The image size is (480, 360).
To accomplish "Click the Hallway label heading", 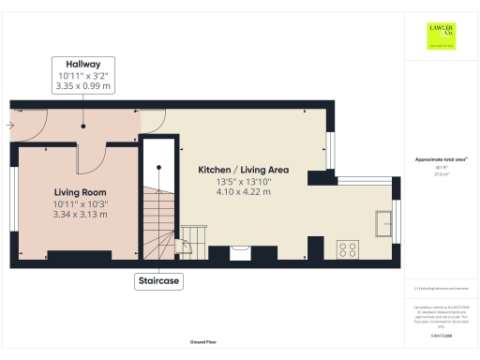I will (x=82, y=64).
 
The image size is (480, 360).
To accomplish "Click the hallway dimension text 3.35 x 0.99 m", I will (x=82, y=85).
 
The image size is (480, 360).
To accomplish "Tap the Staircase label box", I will (x=158, y=280).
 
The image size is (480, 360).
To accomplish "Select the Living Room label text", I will (x=79, y=191).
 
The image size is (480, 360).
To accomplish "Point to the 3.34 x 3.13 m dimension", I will (x=79, y=214).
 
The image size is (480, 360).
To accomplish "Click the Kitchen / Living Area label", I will (x=243, y=170).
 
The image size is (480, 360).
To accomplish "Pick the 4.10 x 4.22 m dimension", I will (x=243, y=191).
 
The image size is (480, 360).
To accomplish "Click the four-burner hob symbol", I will (x=347, y=249).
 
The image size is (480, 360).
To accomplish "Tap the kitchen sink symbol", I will (x=384, y=223).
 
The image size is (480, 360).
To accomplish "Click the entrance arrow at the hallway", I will (x=11, y=123).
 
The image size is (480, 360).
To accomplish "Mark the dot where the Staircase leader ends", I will (x=158, y=167).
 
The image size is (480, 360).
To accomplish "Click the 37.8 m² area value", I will (x=440, y=173).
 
